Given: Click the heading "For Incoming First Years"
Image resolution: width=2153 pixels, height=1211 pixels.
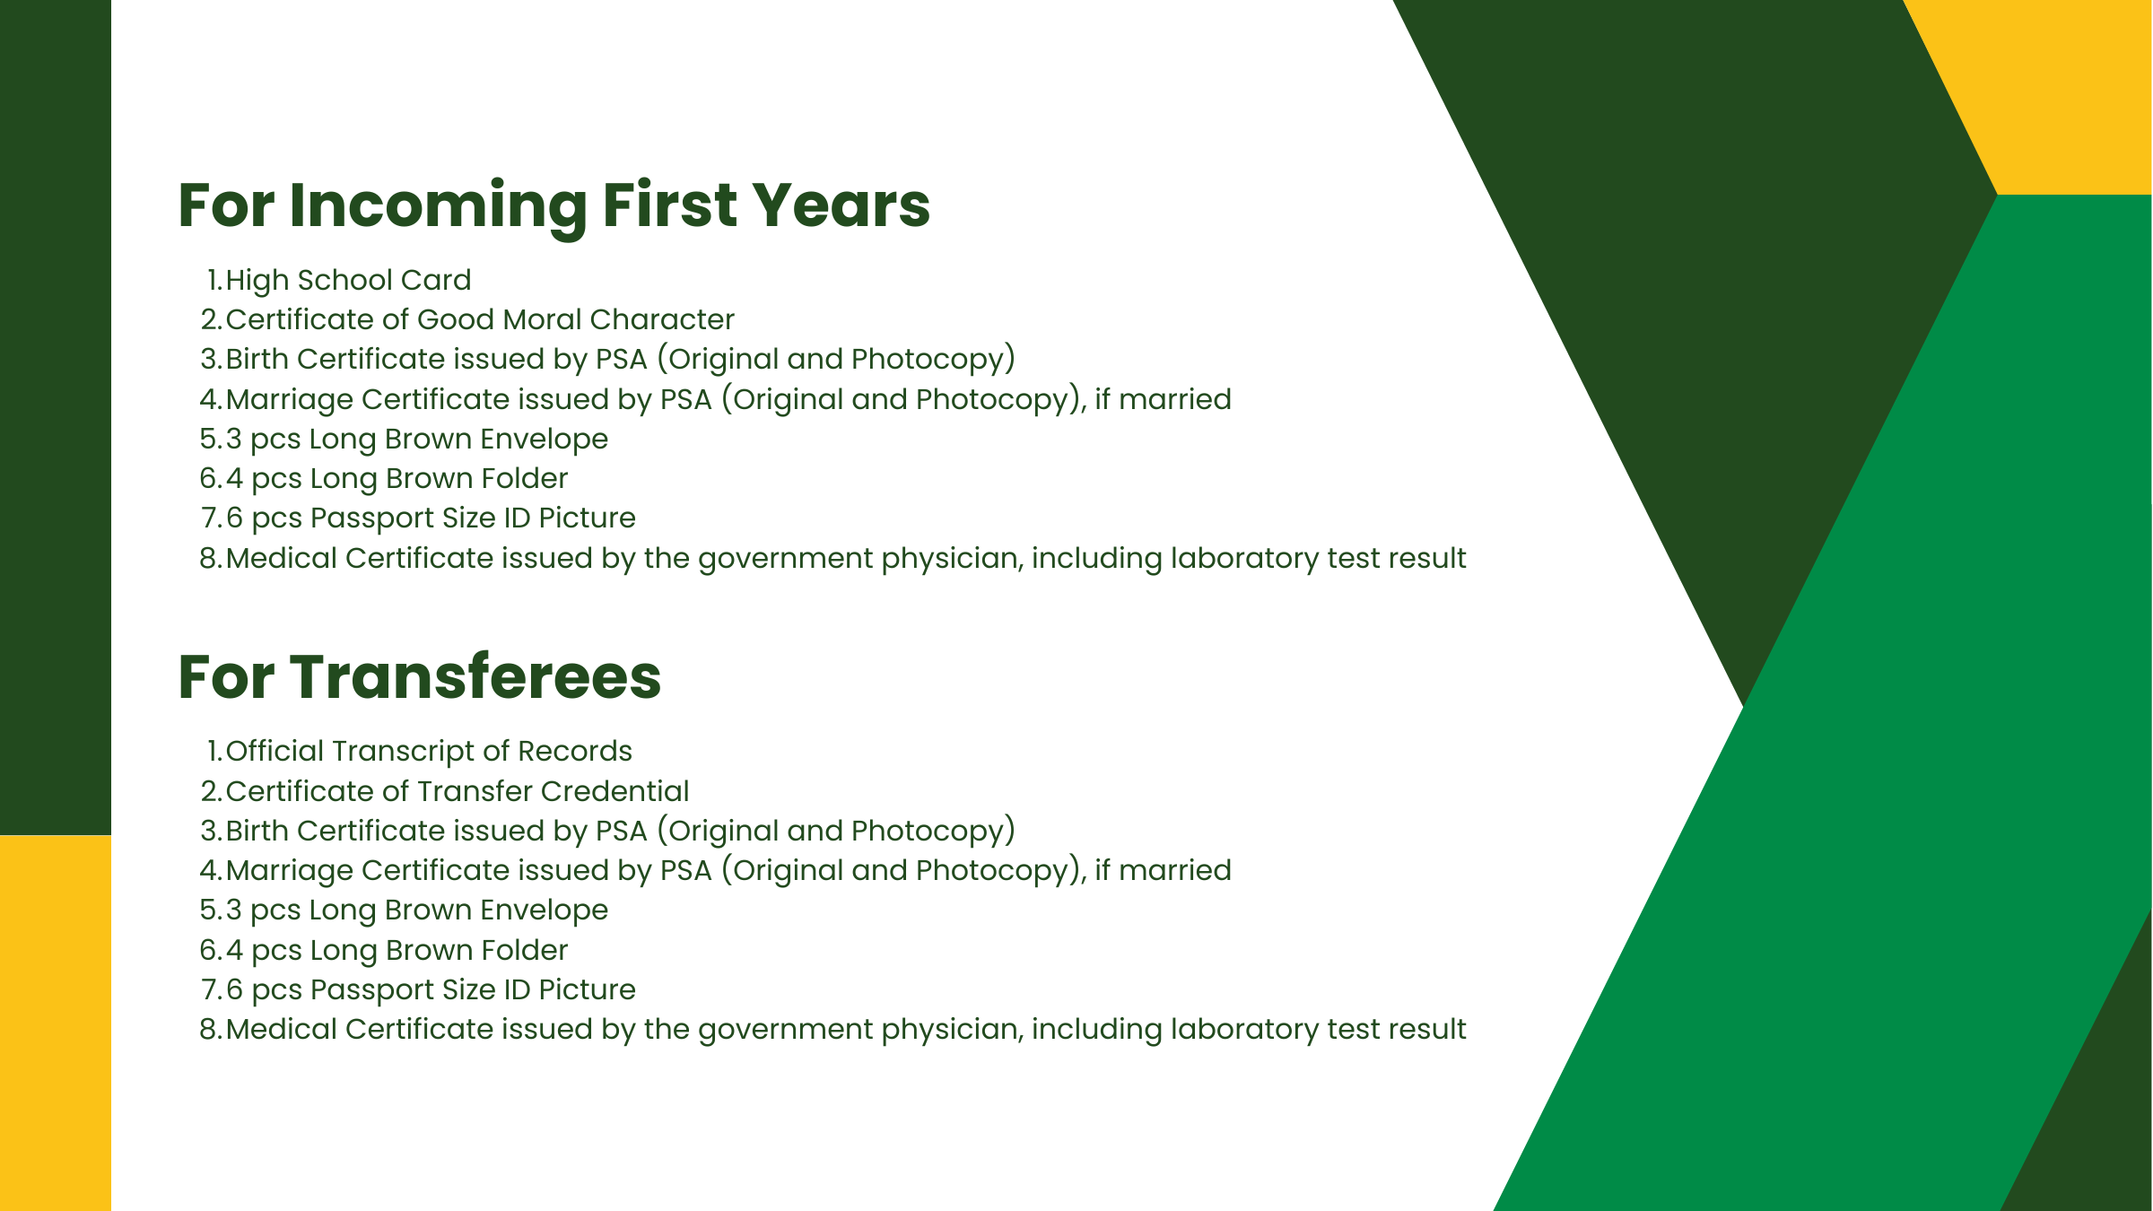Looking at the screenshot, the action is [x=554, y=207].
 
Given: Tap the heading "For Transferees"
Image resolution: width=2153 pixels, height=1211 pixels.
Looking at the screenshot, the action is [x=420, y=676].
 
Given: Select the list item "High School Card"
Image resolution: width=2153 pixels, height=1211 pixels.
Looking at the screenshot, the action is [x=348, y=281].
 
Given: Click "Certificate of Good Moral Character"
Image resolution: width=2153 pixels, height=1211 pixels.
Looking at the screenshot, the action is [x=480, y=319].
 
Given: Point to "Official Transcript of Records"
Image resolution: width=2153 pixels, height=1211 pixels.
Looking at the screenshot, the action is [x=429, y=752].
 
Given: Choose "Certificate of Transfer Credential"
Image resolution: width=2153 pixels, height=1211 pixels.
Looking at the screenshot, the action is [x=458, y=791].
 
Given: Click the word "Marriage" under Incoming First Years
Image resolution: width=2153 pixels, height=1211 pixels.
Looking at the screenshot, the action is [x=289, y=400].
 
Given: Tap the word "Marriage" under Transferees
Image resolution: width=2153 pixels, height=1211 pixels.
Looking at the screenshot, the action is [x=289, y=871].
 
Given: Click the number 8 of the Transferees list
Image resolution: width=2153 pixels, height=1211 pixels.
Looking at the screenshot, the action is [x=208, y=1030].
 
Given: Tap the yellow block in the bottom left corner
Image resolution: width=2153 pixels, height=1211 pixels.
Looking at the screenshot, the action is [x=56, y=1023].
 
